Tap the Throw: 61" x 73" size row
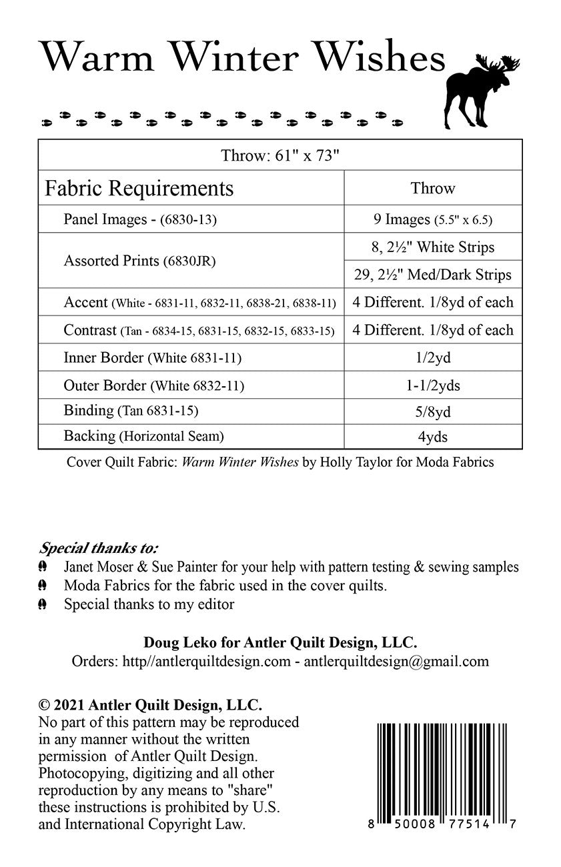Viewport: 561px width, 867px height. (x=280, y=156)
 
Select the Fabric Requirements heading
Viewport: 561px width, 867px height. (x=139, y=188)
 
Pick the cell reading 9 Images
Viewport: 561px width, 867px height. (x=433, y=219)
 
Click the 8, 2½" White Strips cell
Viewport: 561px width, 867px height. (x=433, y=247)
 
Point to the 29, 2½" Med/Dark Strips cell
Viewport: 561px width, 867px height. (x=433, y=274)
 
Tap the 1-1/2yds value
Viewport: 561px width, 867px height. (x=433, y=385)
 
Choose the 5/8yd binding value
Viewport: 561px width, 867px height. (x=433, y=412)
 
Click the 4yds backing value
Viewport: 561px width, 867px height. (x=433, y=437)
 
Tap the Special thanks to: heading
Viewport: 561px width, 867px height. (x=99, y=549)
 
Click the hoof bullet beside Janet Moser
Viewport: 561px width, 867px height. (x=43, y=567)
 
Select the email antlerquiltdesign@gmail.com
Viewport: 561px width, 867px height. (x=396, y=662)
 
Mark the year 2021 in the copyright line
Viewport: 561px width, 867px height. (x=69, y=705)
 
